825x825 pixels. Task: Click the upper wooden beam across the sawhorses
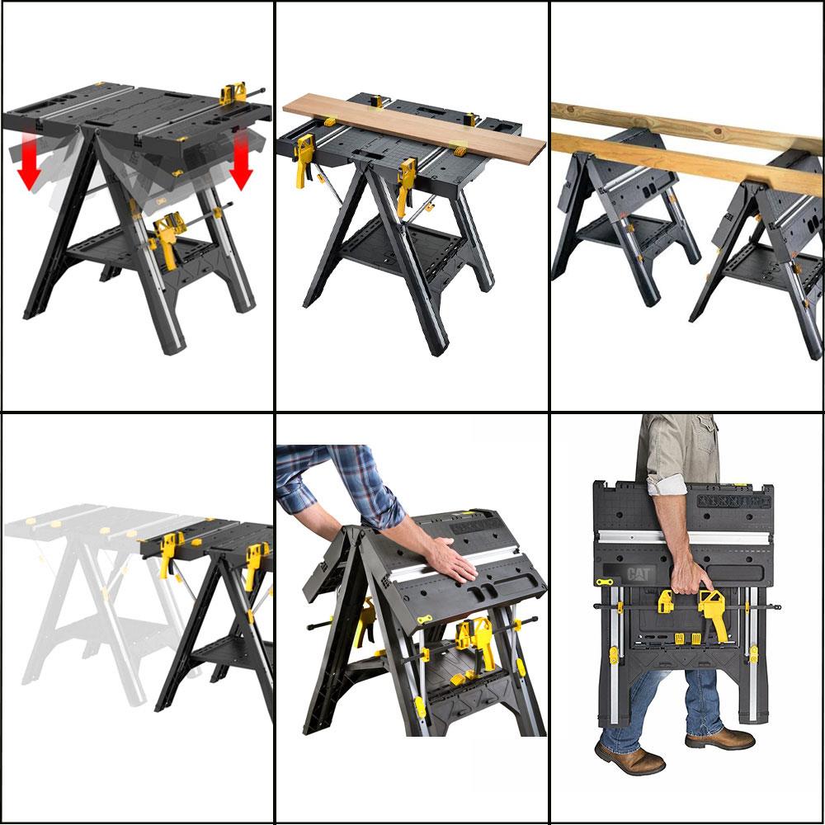685,124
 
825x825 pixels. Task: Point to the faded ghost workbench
91,594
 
